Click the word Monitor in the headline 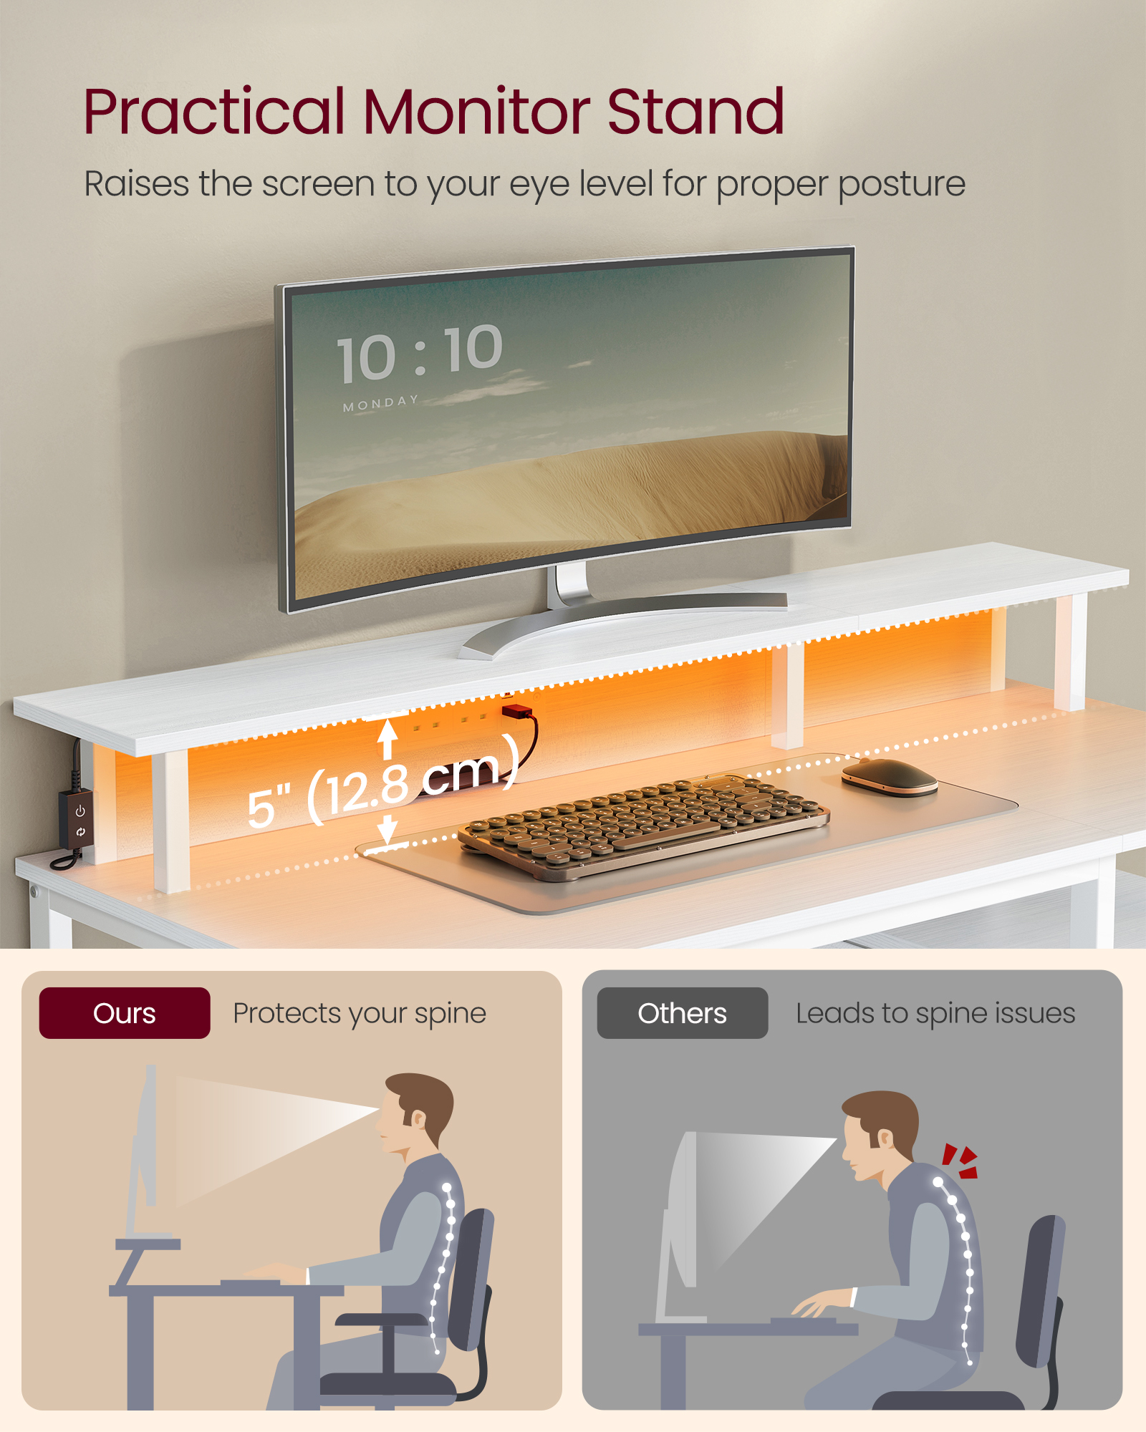(476, 112)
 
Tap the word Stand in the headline (696, 112)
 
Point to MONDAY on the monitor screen (380, 403)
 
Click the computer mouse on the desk (889, 776)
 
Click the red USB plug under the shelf (516, 712)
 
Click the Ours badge (125, 1013)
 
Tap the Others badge (682, 1013)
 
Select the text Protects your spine (360, 1013)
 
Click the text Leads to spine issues (935, 1013)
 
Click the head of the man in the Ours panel (415, 1110)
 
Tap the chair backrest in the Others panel (1042, 1289)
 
